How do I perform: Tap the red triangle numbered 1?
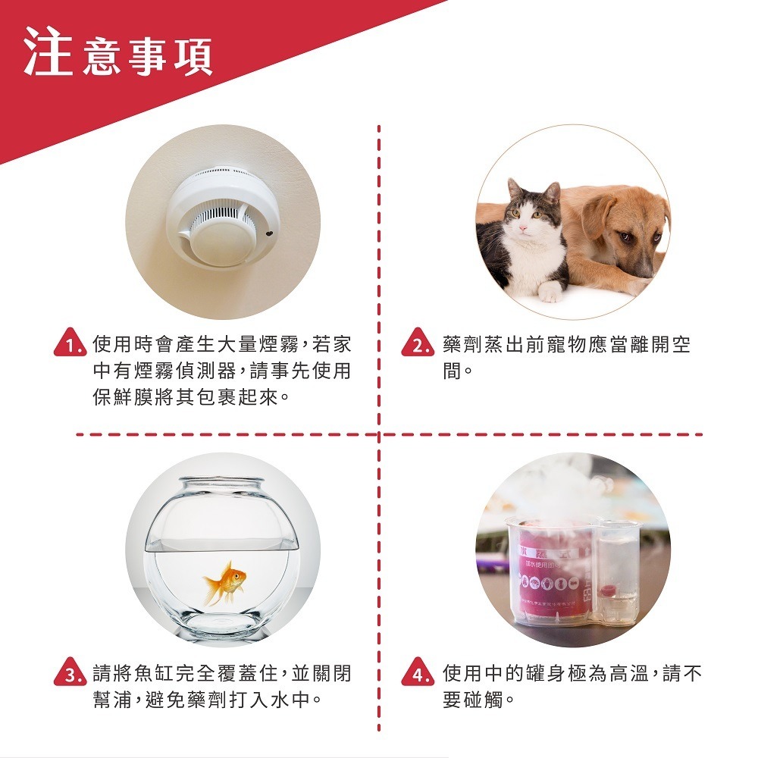coord(70,346)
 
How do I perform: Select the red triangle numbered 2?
coord(418,346)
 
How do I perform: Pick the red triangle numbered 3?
coord(70,675)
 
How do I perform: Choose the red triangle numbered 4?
coord(418,675)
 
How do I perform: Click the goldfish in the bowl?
coord(226,581)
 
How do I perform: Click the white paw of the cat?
coord(549,292)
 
